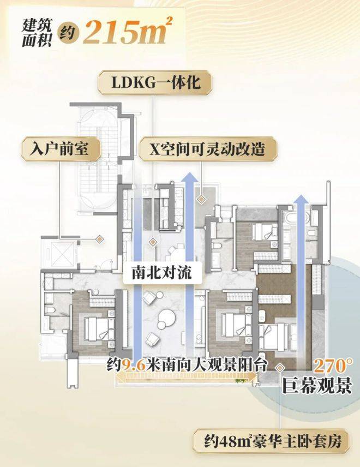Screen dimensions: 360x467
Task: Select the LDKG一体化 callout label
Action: click(x=154, y=82)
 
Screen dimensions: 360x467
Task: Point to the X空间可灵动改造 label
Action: click(x=208, y=149)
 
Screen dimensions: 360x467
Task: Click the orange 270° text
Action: click(x=333, y=366)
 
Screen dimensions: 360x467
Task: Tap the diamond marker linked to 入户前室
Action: click(x=99, y=238)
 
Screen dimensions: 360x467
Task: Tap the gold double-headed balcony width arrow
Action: click(x=187, y=378)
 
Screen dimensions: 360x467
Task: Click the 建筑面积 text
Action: click(x=37, y=33)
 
